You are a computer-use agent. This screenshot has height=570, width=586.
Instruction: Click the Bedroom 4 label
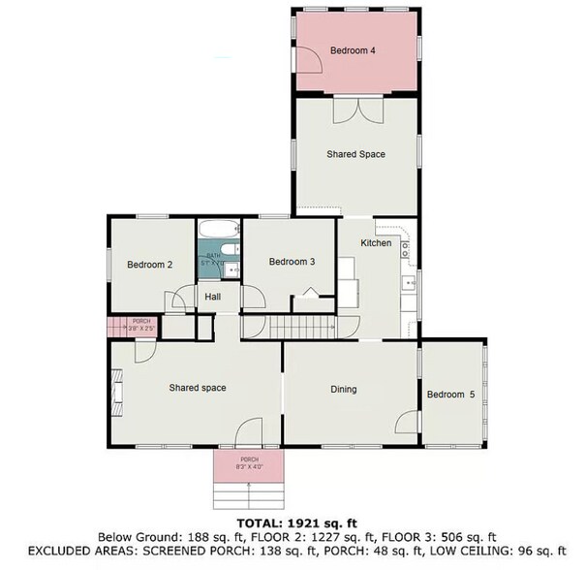353,50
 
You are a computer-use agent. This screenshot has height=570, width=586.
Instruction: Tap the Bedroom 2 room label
150,264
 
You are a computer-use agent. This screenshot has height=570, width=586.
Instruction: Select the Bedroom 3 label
292,261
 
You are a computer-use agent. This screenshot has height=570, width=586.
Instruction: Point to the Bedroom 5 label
452,395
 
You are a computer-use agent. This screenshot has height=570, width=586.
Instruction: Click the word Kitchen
376,243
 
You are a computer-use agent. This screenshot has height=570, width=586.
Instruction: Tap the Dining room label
344,390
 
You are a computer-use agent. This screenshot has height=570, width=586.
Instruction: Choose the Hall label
213,298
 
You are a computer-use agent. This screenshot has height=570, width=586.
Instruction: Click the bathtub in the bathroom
219,232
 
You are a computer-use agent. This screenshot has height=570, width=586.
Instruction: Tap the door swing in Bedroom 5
407,423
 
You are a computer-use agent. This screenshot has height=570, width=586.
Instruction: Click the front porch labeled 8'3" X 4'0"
249,466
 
